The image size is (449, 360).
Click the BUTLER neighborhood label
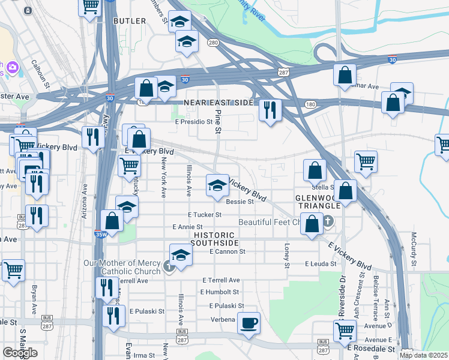(x=129, y=21)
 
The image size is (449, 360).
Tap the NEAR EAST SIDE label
(x=218, y=103)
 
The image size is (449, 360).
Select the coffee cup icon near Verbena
(x=249, y=323)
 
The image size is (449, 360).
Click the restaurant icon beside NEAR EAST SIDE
(x=270, y=110)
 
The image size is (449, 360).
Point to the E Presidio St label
(x=194, y=121)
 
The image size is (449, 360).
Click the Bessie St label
(x=240, y=202)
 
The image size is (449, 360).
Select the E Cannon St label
(x=228, y=252)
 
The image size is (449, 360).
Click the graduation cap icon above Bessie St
(x=217, y=185)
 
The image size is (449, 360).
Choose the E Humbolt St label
(x=220, y=292)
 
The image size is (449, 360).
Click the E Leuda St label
(x=324, y=264)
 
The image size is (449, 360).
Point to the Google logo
(x=20, y=353)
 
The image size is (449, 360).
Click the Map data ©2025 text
(x=423, y=355)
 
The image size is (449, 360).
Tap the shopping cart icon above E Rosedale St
(x=345, y=329)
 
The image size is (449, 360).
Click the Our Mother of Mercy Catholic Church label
(x=122, y=267)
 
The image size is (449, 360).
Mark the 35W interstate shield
(x=101, y=234)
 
